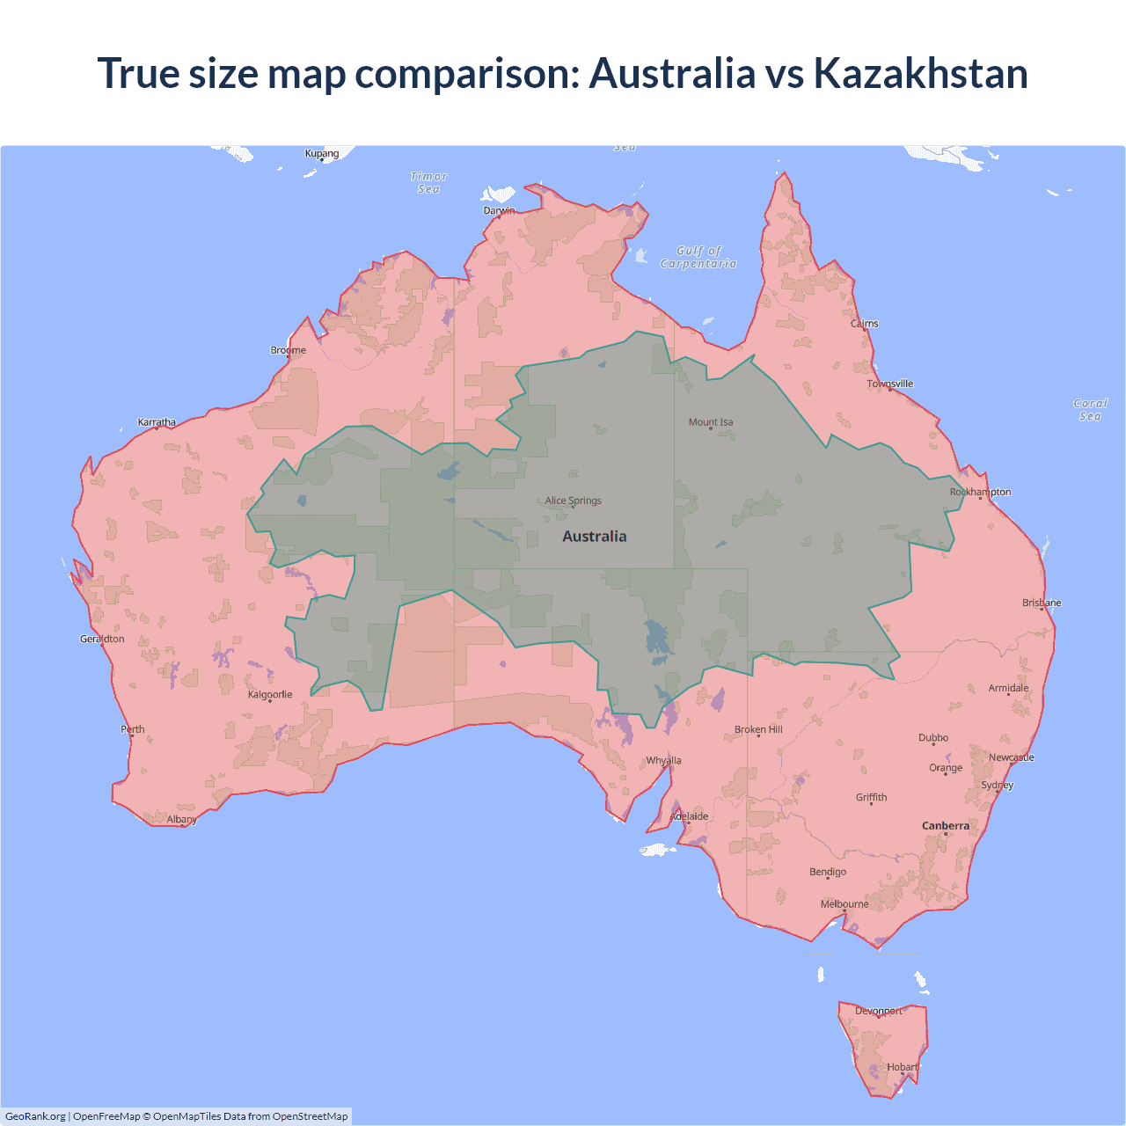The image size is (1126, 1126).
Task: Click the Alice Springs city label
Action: (573, 501)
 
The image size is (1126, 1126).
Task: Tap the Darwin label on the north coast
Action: (499, 210)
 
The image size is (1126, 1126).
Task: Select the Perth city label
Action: (133, 728)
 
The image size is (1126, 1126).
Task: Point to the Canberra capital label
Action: (946, 825)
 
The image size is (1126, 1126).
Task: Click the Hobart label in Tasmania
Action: (903, 1067)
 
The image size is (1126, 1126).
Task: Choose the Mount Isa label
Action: (711, 422)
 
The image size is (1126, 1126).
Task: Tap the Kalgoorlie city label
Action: (270, 694)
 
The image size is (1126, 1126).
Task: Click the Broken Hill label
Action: (758, 729)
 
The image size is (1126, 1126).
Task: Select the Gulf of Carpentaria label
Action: (698, 257)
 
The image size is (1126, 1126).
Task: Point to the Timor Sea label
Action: (428, 183)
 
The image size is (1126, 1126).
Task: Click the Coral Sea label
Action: (1090, 409)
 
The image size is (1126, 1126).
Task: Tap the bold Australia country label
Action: (595, 537)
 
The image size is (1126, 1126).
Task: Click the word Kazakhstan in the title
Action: (920, 73)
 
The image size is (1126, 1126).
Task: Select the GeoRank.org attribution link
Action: (35, 1116)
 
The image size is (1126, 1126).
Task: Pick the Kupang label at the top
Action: (322, 153)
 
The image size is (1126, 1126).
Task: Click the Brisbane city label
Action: (1042, 603)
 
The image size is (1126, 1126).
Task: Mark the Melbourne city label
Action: (844, 903)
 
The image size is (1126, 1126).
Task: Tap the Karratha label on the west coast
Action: (157, 422)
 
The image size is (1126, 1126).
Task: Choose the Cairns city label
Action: (864, 324)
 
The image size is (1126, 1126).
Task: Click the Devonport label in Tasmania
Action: (879, 1011)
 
